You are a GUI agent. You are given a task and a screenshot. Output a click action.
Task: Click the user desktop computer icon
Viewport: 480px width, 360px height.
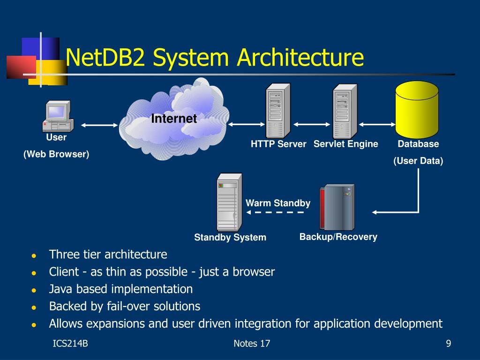(x=58, y=116)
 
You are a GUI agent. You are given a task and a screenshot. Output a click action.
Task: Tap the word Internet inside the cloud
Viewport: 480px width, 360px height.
(x=174, y=119)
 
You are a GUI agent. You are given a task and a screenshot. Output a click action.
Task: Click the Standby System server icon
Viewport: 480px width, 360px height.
(x=229, y=202)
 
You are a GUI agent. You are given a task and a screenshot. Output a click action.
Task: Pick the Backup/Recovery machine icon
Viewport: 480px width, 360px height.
(x=337, y=207)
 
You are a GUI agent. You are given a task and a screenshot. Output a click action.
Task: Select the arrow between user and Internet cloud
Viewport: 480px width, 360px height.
(x=99, y=125)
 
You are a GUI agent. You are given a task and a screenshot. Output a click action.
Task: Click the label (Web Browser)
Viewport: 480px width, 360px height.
(x=56, y=154)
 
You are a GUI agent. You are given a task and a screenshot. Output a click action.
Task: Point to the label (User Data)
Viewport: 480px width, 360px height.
(x=418, y=161)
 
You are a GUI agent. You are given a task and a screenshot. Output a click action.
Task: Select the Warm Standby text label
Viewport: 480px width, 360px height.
(x=278, y=203)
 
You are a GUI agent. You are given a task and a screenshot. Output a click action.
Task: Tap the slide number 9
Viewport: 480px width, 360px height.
(x=449, y=344)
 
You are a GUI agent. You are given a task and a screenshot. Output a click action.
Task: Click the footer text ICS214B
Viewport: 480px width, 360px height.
(x=70, y=344)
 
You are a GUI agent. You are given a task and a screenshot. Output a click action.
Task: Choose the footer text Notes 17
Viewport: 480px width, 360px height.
(x=252, y=344)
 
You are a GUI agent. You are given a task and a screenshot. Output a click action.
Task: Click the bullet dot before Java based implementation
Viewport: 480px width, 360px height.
(x=34, y=290)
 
